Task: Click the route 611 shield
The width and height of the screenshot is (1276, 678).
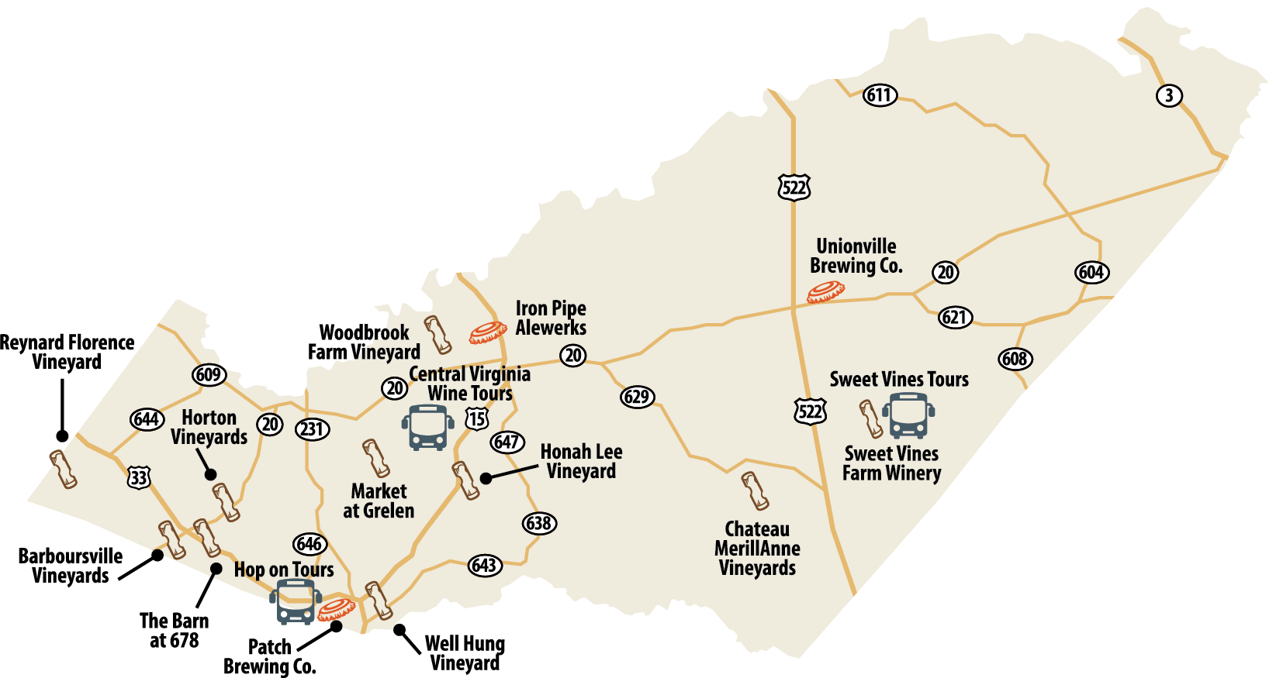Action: pyautogui.click(x=880, y=95)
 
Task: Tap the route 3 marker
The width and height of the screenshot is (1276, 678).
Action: pyautogui.click(x=1169, y=95)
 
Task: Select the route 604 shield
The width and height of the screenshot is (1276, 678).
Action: pyautogui.click(x=1091, y=272)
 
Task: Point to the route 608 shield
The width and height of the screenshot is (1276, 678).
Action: pyautogui.click(x=1015, y=359)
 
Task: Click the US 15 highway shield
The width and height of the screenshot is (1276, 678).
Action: pyautogui.click(x=476, y=419)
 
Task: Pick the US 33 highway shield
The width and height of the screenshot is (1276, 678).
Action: pyautogui.click(x=139, y=477)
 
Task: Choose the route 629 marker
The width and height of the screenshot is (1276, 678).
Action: pyautogui.click(x=637, y=398)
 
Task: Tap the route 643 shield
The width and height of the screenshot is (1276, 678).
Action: pyautogui.click(x=484, y=566)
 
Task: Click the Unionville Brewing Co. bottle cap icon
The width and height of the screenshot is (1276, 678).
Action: pyautogui.click(x=825, y=292)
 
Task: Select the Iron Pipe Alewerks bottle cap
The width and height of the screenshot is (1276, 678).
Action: pyautogui.click(x=488, y=332)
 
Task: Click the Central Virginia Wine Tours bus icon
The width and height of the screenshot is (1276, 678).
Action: pyautogui.click(x=427, y=427)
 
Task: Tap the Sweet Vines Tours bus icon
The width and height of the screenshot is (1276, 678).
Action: pyautogui.click(x=908, y=416)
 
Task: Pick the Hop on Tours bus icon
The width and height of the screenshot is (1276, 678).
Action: pyautogui.click(x=295, y=601)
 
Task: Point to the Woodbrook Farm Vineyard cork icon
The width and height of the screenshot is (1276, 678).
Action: pyautogui.click(x=437, y=335)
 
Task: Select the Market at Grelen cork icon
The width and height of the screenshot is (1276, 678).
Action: pyautogui.click(x=376, y=458)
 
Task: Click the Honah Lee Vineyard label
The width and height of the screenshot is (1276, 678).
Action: pyautogui.click(x=581, y=461)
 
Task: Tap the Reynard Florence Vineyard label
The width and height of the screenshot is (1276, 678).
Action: pyautogui.click(x=67, y=352)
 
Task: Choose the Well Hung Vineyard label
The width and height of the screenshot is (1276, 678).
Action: pyautogui.click(x=465, y=653)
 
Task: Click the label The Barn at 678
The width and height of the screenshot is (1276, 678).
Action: pyautogui.click(x=174, y=630)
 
